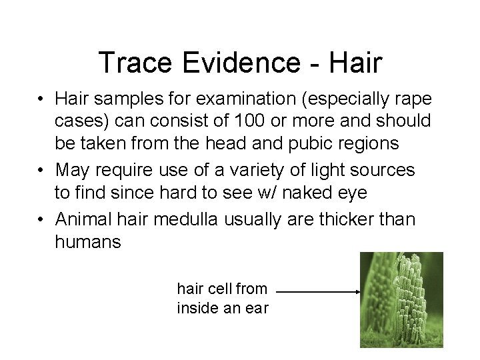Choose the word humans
88,241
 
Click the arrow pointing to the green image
318,291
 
